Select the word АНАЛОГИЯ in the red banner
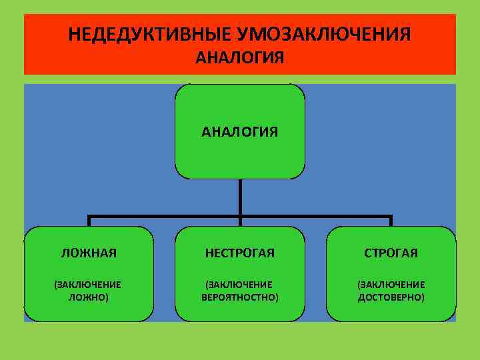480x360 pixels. [240, 58]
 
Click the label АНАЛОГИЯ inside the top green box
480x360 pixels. [240, 131]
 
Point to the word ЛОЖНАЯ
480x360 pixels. [89, 253]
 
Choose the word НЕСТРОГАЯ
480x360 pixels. [240, 253]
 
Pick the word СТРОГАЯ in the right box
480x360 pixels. [391, 253]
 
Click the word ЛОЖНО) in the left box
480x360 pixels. [89, 297]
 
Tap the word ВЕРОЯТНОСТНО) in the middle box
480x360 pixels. [240, 297]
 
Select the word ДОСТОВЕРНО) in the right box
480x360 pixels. [391, 297]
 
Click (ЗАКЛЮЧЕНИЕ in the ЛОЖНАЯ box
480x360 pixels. [89, 284]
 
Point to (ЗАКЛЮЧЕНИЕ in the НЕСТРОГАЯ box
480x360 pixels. [240, 284]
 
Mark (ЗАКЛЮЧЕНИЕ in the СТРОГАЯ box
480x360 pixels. [391, 284]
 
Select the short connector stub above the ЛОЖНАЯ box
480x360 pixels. [89, 221]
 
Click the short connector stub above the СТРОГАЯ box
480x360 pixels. [391, 221]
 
